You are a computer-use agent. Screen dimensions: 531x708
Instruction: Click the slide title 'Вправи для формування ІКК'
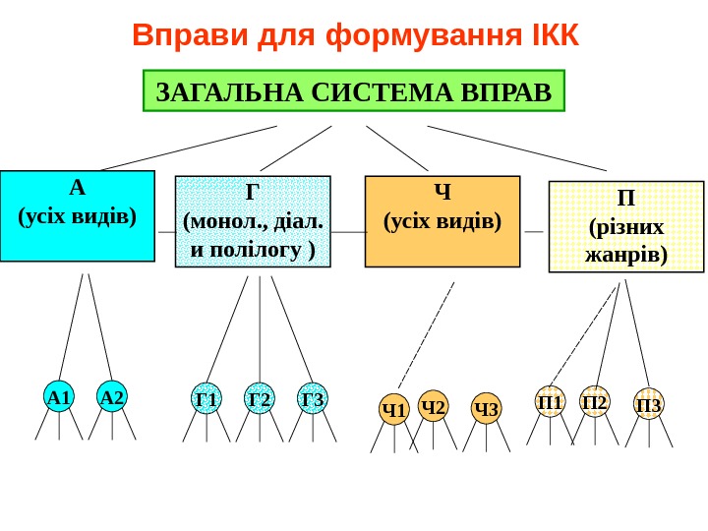coord(356,35)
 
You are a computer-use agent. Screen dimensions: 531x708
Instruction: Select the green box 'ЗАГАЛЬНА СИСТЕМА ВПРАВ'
coord(354,93)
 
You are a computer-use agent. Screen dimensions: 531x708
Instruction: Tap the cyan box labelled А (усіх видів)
coord(78,216)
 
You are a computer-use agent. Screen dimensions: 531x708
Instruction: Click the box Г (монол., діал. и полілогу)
coord(253,222)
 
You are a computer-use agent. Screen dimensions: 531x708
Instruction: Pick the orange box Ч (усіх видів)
coord(442,221)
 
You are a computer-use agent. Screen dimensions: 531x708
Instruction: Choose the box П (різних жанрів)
coord(625,227)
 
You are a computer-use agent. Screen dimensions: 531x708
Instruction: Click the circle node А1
coord(59,397)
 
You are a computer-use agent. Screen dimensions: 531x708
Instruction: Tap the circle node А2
coord(112,397)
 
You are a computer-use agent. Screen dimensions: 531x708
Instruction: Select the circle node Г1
coord(206,399)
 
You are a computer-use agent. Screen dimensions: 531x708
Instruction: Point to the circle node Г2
coord(260,399)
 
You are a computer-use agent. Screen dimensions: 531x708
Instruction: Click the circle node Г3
coord(313,399)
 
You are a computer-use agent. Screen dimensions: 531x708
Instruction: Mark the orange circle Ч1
coord(394,409)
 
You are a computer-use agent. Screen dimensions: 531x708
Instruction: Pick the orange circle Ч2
coord(433,406)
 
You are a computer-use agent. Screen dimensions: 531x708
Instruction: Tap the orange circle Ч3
coord(486,409)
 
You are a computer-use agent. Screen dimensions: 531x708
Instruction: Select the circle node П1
coord(551,401)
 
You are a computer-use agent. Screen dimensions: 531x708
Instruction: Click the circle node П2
coord(595,401)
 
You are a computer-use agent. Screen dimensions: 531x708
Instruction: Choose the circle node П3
coord(649,404)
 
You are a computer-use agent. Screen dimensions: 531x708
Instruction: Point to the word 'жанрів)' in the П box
coord(625,256)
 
